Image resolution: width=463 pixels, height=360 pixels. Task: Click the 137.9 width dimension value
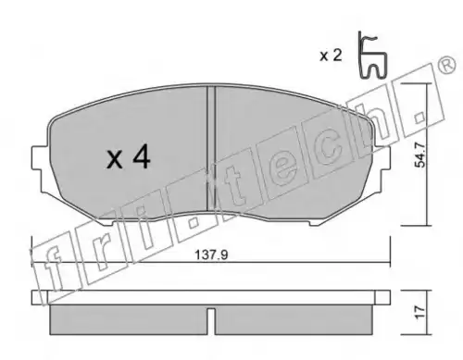point(212,255)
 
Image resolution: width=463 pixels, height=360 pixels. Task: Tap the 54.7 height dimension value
point(420,155)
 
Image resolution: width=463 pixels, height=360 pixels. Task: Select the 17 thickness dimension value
point(420,313)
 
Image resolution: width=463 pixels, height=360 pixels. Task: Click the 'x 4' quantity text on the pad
point(129,157)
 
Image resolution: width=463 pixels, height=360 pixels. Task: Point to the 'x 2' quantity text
point(331,56)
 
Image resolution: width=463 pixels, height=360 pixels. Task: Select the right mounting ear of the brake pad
point(382,157)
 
